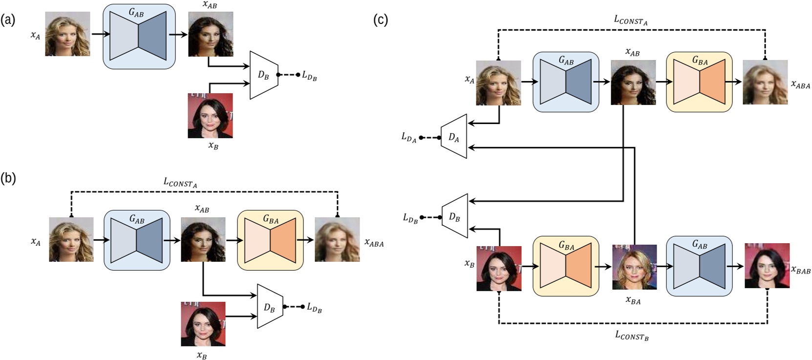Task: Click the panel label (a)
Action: point(8,20)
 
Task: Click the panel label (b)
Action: point(8,178)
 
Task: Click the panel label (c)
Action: point(380,20)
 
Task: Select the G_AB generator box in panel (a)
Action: point(139,36)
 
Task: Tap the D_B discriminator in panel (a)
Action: point(264,75)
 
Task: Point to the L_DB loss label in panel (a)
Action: point(309,76)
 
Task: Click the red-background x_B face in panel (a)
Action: point(210,116)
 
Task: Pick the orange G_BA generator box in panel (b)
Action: point(270,240)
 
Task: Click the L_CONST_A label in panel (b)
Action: point(180,183)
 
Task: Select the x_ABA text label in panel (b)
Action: point(374,243)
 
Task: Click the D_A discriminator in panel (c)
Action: point(454,137)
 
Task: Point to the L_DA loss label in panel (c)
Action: point(408,138)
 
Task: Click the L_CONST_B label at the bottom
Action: point(632,335)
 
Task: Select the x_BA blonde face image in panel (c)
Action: point(634,267)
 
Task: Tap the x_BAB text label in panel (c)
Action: point(801,270)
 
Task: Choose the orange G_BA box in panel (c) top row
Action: point(699,82)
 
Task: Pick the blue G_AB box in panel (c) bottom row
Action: point(699,266)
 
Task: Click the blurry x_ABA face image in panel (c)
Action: point(765,82)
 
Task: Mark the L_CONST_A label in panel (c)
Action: point(630,20)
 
